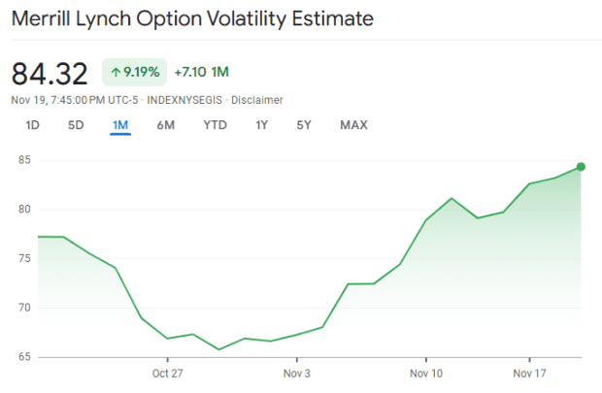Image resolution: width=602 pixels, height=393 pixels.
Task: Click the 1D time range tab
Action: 32,124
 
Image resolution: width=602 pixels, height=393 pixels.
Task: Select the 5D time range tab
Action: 76,124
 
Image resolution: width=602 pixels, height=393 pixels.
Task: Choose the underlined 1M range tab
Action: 120,124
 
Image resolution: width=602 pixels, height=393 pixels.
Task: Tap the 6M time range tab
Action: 165,124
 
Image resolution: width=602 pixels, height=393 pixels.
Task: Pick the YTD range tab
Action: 215,124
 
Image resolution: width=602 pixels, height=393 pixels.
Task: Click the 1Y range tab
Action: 262,124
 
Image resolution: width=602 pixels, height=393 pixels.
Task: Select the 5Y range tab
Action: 304,124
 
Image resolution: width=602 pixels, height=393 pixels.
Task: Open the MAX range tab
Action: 353,124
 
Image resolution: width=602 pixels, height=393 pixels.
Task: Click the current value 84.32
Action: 50,73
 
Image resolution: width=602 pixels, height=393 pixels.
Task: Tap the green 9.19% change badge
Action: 134,71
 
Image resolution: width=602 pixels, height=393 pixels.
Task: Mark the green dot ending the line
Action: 581,167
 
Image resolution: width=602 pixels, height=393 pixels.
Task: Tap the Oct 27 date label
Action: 168,373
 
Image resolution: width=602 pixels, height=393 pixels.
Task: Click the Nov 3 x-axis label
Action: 296,373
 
